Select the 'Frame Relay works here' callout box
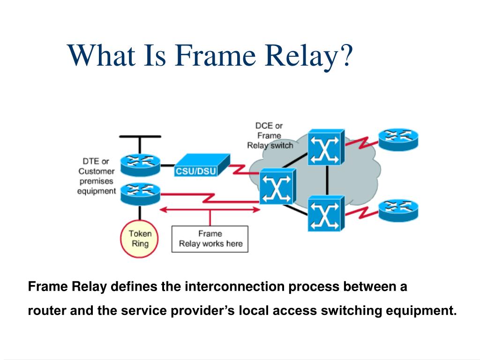pyautogui.click(x=210, y=239)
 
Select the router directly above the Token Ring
pyautogui.click(x=140, y=193)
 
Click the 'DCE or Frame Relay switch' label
pyautogui.click(x=270, y=135)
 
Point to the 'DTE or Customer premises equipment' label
pyautogui.click(x=97, y=176)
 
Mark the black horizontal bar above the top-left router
pyautogui.click(x=140, y=136)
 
